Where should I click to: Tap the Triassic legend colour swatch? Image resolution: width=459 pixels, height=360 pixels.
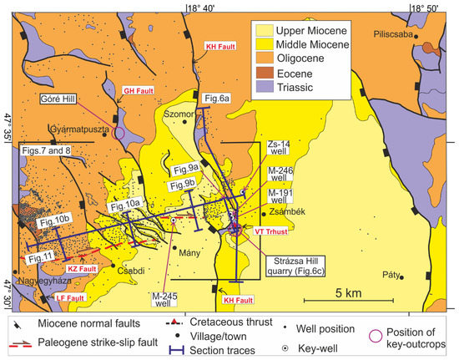(x=267, y=89)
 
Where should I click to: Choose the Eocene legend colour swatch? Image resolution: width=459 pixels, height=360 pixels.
(x=267, y=74)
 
